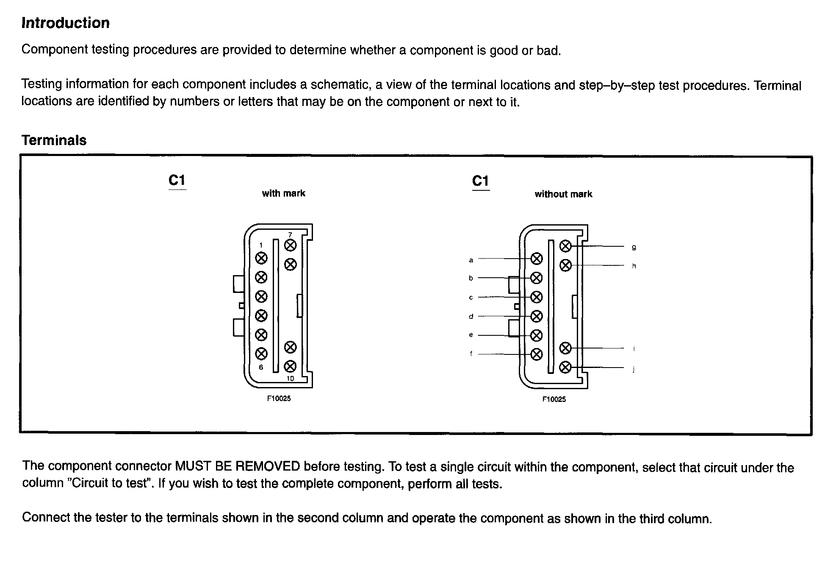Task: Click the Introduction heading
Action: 66,23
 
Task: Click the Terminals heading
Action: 54,140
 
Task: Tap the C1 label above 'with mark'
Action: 177,181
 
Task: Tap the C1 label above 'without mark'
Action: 481,181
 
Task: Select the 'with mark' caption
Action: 284,193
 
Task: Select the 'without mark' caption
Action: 563,194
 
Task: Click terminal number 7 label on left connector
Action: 290,234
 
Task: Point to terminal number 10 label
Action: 290,379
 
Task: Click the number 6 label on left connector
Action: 261,367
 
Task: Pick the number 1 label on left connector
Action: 261,245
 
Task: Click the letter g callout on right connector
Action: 634,247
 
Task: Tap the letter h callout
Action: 634,266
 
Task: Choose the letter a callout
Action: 471,260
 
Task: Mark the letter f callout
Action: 471,354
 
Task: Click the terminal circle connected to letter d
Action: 537,316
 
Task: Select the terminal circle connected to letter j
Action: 565,367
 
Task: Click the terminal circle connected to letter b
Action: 537,278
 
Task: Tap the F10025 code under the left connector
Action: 279,399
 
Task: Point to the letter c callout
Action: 471,298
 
